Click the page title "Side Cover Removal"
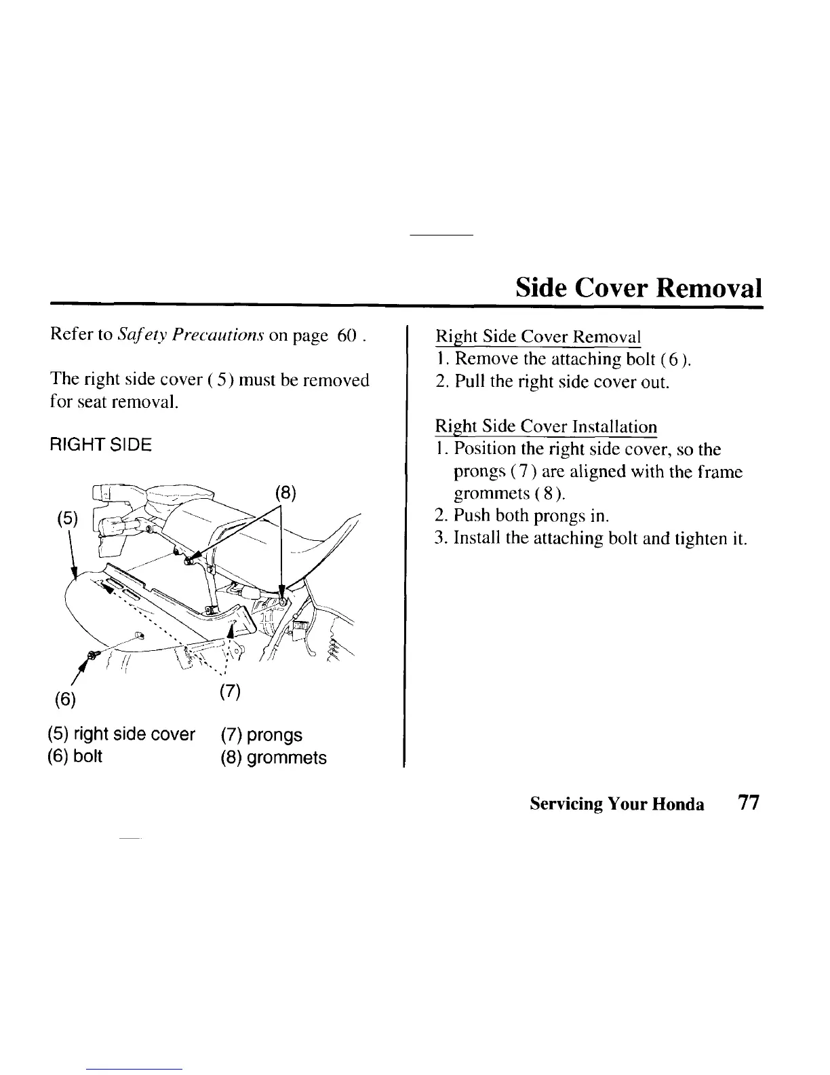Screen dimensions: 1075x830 click(638, 288)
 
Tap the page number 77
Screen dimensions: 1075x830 click(748, 804)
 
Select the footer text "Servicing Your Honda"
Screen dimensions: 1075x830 click(616, 804)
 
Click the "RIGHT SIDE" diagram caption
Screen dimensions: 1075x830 click(101, 445)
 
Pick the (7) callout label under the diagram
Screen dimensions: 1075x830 click(231, 692)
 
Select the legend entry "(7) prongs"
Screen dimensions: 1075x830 click(261, 734)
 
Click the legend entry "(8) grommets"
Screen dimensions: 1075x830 click(273, 757)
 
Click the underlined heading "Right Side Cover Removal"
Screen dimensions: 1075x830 click(537, 337)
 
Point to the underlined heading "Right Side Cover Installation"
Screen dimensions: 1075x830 click(545, 427)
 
